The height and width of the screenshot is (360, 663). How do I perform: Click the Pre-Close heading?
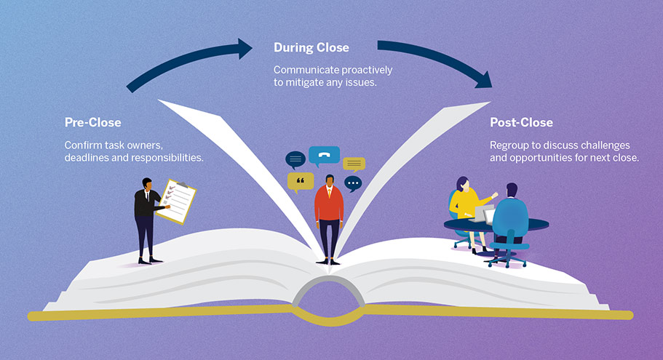92,122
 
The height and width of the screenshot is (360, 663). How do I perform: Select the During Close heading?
311,48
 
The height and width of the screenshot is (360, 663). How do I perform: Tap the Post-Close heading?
521,122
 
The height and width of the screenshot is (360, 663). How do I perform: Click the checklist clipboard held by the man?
178,198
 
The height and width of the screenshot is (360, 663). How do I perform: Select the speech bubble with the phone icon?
324,156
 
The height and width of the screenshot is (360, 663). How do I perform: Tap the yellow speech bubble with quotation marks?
301,180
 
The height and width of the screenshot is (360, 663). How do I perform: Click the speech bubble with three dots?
353,183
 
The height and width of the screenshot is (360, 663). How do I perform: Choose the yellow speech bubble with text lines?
354,164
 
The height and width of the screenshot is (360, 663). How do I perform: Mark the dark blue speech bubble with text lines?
295,159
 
